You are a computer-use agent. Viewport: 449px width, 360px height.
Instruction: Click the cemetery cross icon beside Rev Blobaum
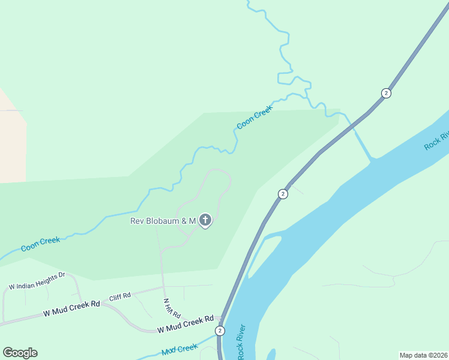[x=205, y=221]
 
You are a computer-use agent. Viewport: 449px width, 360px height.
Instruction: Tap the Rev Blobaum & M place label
[x=163, y=221]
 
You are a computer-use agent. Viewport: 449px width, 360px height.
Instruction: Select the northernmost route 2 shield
[x=386, y=93]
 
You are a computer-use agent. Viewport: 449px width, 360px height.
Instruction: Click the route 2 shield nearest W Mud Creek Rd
[x=220, y=331]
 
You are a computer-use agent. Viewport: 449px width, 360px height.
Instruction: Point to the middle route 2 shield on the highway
[x=283, y=194]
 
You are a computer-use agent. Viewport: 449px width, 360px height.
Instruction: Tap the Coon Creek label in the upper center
[x=255, y=117]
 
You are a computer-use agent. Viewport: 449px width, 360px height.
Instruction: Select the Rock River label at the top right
[x=436, y=140]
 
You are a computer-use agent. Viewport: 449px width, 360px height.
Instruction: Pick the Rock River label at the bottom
[x=242, y=342]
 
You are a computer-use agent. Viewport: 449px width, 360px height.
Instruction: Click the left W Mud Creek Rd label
[x=71, y=308]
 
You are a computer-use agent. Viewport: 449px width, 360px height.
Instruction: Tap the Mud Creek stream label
[x=179, y=349]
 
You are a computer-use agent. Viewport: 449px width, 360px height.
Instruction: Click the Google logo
[x=20, y=353]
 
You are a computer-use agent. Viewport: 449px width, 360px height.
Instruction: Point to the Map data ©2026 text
[x=423, y=355]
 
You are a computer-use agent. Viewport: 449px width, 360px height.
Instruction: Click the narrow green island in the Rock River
[x=264, y=255]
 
